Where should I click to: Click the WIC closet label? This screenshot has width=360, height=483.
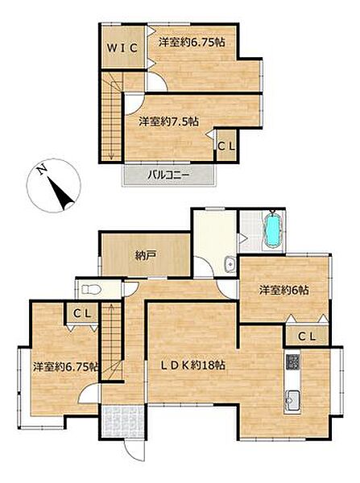(x=122, y=48)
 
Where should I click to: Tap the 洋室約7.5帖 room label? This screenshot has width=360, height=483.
(x=168, y=122)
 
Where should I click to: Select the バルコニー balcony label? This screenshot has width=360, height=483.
(x=168, y=175)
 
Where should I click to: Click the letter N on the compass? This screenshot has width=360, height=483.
(x=42, y=170)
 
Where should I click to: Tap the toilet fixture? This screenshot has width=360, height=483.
(x=92, y=289)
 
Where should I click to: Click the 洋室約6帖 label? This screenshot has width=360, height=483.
(x=283, y=290)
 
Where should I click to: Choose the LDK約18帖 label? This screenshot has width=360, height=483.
(x=193, y=365)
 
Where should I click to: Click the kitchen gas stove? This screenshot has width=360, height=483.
(x=292, y=362)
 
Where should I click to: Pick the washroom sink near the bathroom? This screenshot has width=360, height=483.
(x=230, y=264)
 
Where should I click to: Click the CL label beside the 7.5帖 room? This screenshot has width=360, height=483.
(x=226, y=146)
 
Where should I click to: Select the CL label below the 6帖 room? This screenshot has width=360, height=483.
(x=307, y=336)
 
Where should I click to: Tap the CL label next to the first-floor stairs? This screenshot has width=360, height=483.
(x=82, y=314)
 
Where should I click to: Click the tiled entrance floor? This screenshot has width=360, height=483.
(x=123, y=422)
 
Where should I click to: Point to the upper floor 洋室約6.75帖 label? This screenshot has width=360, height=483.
(x=192, y=42)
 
